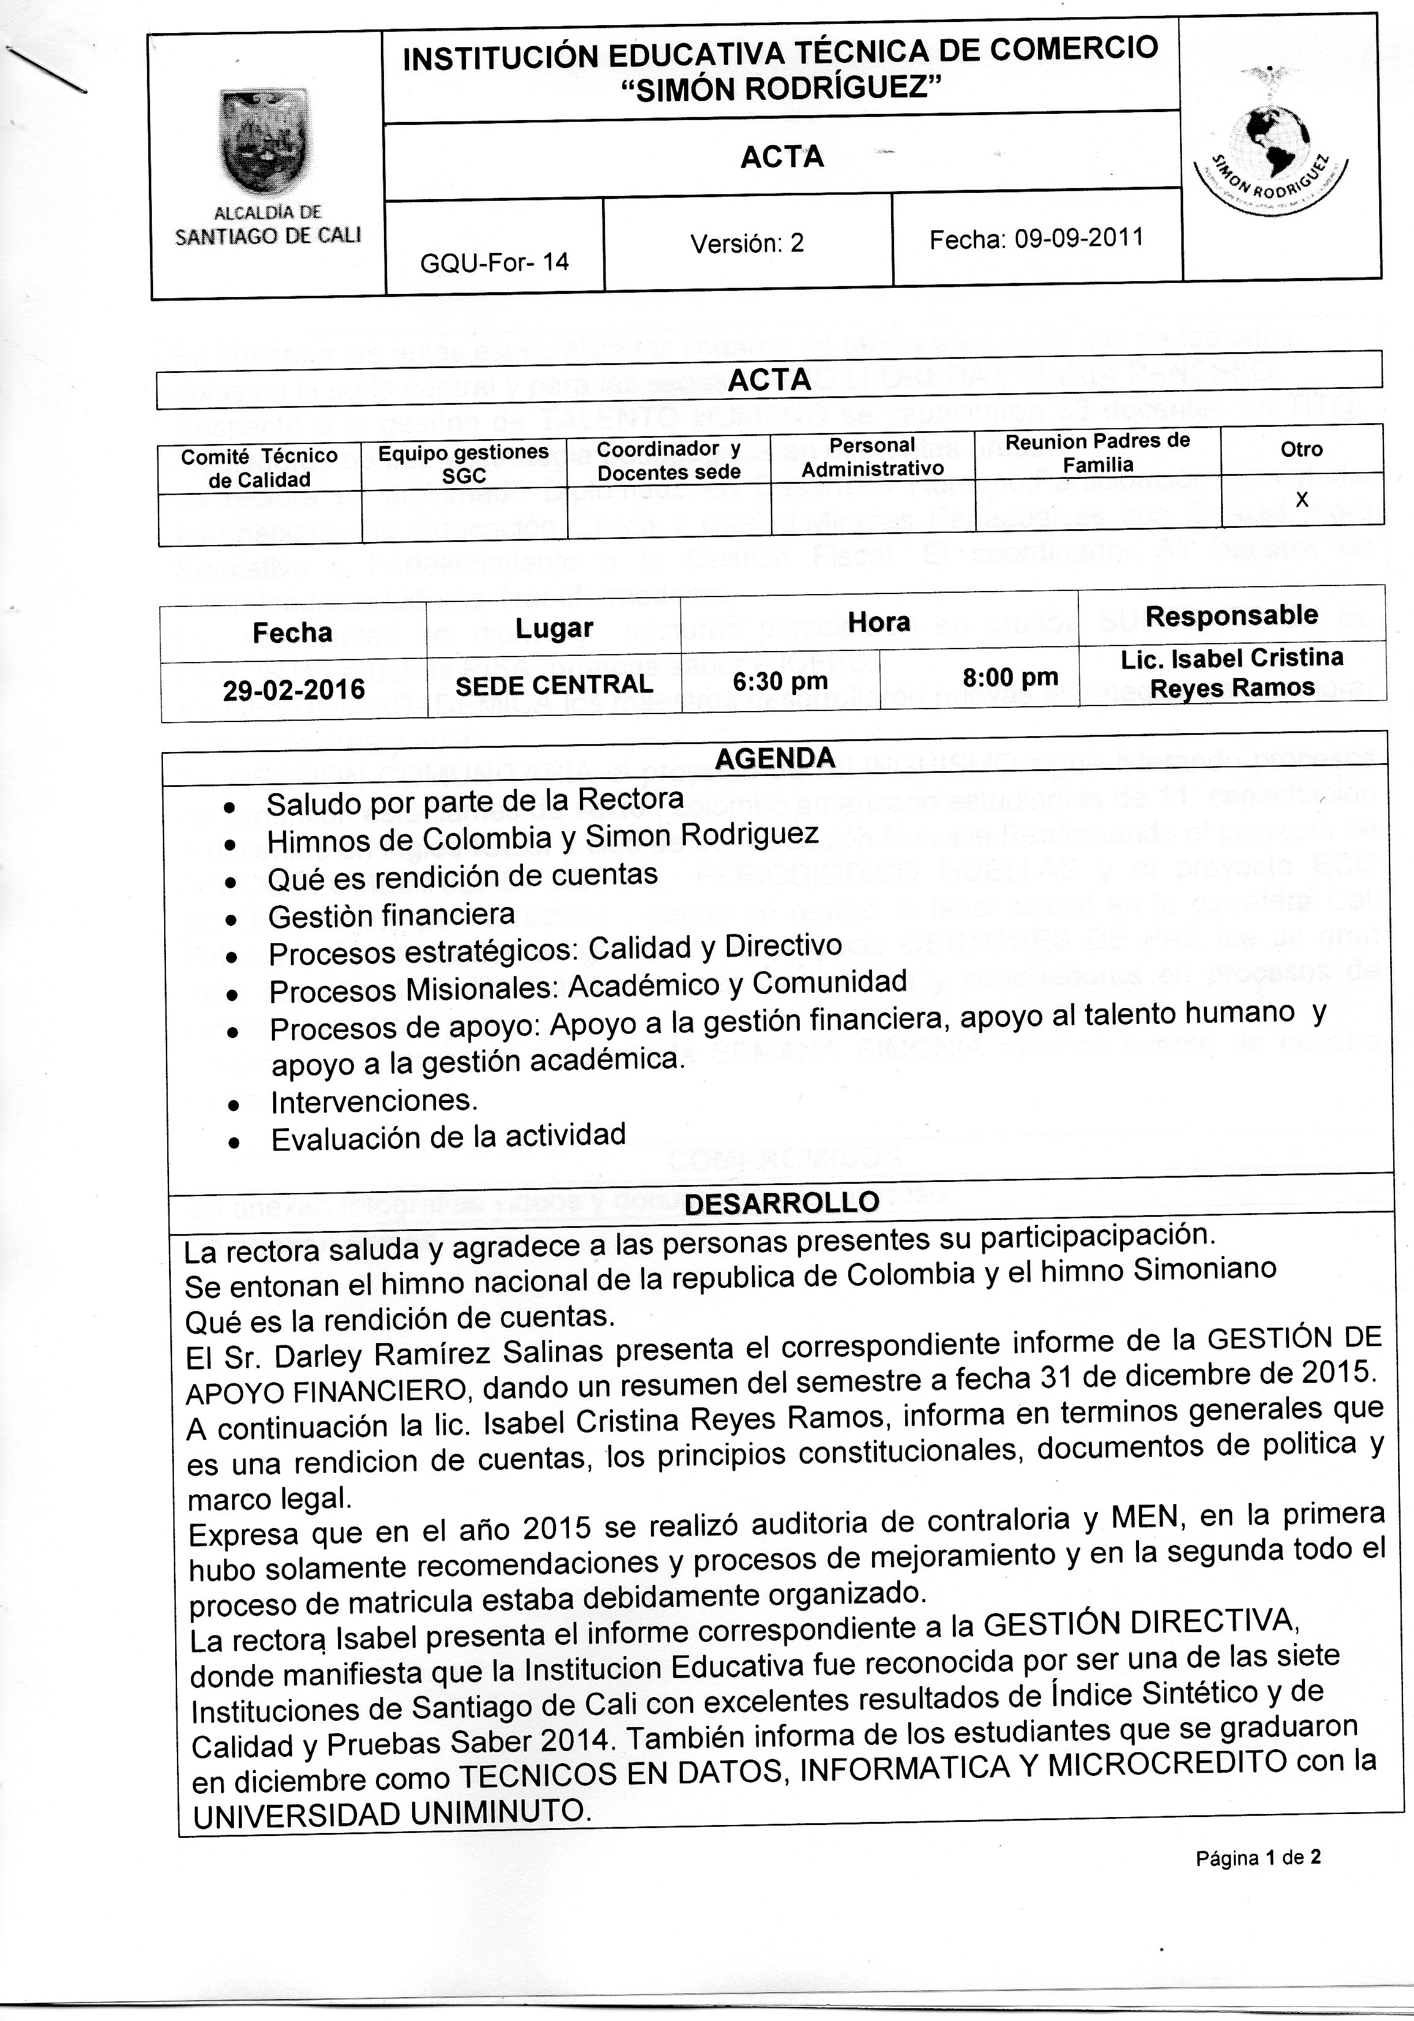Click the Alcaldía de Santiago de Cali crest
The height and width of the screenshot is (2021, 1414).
click(x=263, y=141)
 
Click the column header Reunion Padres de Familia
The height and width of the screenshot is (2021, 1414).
click(x=1097, y=453)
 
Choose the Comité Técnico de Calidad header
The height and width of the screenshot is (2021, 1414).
click(x=260, y=467)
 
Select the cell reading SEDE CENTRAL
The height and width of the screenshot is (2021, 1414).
click(x=554, y=685)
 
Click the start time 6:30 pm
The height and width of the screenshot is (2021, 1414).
click(x=780, y=681)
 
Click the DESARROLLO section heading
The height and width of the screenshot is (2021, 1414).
click(x=781, y=1202)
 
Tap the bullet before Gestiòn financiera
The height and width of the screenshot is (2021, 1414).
click(x=232, y=920)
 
